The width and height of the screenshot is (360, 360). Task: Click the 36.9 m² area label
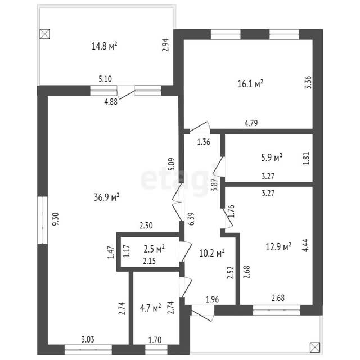tap(106, 197)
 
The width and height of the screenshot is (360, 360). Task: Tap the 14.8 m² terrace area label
tap(104, 46)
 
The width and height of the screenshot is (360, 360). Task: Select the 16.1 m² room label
tap(250, 84)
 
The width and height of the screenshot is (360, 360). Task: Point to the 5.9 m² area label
tap(272, 157)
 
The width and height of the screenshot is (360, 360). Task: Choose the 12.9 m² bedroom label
tap(278, 247)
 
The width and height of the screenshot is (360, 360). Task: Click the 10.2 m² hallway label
tap(212, 253)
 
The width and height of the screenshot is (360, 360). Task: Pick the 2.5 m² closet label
tap(154, 249)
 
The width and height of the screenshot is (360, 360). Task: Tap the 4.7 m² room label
tap(150, 308)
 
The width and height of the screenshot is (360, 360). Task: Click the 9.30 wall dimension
tap(56, 220)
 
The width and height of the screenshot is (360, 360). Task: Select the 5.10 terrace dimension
tap(105, 79)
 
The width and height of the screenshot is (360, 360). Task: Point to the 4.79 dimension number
tap(251, 123)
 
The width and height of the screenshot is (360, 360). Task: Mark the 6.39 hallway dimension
tap(191, 219)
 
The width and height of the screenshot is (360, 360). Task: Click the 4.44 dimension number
tap(306, 245)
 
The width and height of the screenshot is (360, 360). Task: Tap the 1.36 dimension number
tap(204, 142)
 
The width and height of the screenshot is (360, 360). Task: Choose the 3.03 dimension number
tap(88, 339)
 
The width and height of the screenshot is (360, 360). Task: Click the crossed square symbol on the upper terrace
tap(45, 34)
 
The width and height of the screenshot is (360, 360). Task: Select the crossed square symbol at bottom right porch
tap(314, 348)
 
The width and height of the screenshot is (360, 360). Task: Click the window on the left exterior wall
tap(43, 220)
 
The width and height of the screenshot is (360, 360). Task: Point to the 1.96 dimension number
tap(213, 299)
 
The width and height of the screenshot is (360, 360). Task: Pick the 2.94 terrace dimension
tap(165, 45)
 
